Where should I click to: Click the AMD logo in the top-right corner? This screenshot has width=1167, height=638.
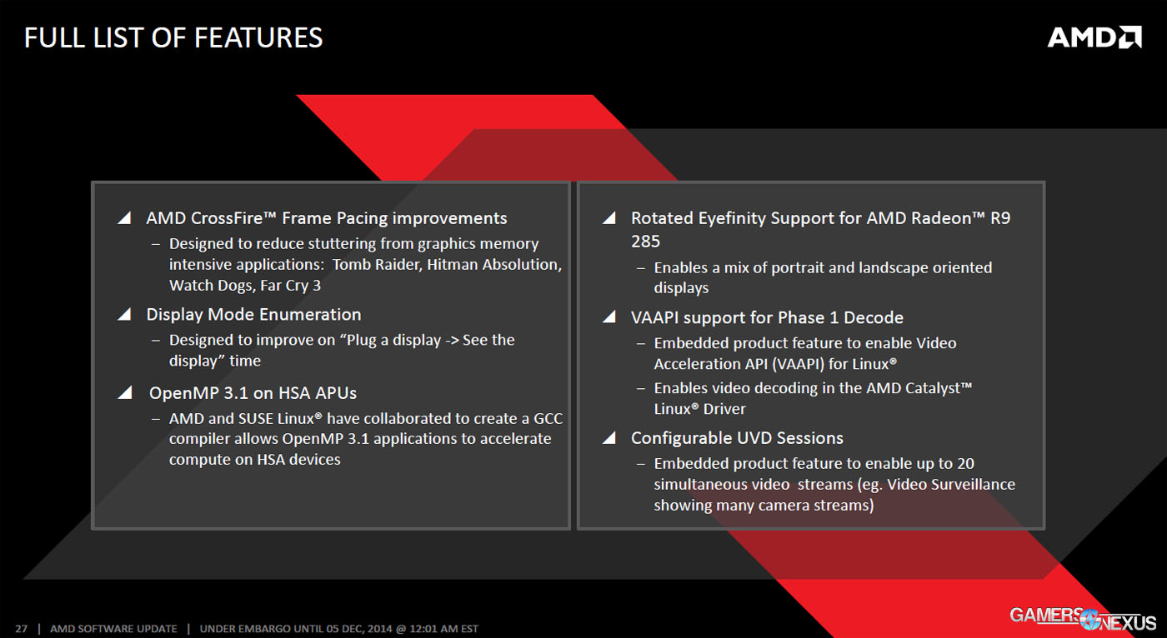pos(1094,37)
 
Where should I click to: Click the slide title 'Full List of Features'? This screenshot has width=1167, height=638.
pos(173,37)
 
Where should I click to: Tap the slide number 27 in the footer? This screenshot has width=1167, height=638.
pos(22,629)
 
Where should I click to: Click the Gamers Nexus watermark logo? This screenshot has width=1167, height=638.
pos(1083,618)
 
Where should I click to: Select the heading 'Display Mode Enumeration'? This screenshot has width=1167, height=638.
pos(253,315)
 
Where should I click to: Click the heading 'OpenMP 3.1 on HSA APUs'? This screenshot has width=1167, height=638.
pos(253,392)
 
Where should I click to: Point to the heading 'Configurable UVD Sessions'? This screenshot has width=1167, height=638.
pos(737,438)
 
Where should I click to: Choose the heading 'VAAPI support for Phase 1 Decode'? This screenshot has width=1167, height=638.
pos(767,317)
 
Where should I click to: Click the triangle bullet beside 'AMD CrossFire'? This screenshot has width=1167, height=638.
pos(124,218)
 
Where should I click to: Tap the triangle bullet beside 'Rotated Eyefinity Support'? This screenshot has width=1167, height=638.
pos(609,218)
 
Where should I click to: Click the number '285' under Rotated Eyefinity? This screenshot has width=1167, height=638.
pos(645,242)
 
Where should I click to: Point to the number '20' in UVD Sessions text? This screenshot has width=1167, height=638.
pos(965,463)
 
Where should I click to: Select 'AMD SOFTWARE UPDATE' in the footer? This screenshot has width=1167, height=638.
pos(113,629)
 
